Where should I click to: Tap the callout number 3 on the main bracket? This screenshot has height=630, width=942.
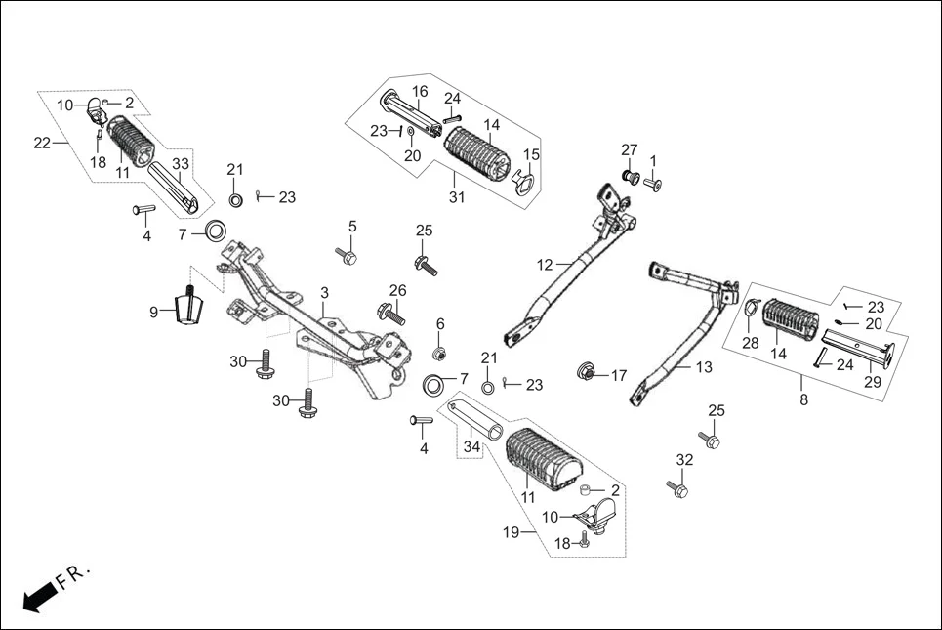pyautogui.click(x=324, y=293)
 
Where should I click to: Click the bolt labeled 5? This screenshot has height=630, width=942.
pyautogui.click(x=348, y=256)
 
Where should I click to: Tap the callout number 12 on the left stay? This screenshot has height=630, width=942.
pyautogui.click(x=545, y=264)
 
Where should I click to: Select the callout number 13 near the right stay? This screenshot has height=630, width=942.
pyautogui.click(x=704, y=367)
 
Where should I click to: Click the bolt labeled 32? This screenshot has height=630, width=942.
pyautogui.click(x=677, y=487)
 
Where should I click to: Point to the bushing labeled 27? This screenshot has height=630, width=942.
pyautogui.click(x=629, y=178)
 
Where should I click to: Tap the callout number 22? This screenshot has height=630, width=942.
pyautogui.click(x=41, y=143)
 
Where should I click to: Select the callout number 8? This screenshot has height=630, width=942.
pyautogui.click(x=803, y=399)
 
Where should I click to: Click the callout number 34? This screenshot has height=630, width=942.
pyautogui.click(x=471, y=446)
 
